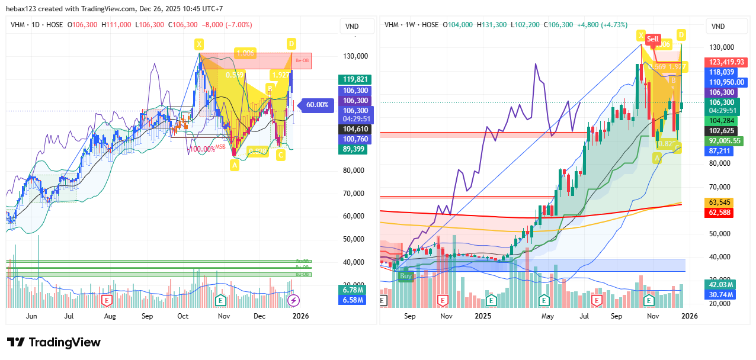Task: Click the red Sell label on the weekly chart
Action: pos(653,39)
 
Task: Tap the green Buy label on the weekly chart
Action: pos(406,276)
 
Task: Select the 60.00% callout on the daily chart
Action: pos(317,105)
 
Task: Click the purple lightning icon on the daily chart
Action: pos(293,301)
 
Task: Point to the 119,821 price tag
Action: pos(353,79)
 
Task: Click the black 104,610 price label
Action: pos(353,129)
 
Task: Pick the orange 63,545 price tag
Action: pos(720,202)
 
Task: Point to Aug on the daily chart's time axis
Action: pos(110,316)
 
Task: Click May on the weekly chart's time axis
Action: pos(547,316)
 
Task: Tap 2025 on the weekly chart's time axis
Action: pos(483,316)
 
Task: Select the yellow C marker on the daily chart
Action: pos(281,155)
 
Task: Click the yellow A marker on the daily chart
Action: pos(235,166)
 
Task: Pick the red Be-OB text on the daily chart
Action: pos(302,61)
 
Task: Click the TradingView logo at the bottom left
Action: pos(54,342)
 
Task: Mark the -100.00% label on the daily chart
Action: pos(201,149)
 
